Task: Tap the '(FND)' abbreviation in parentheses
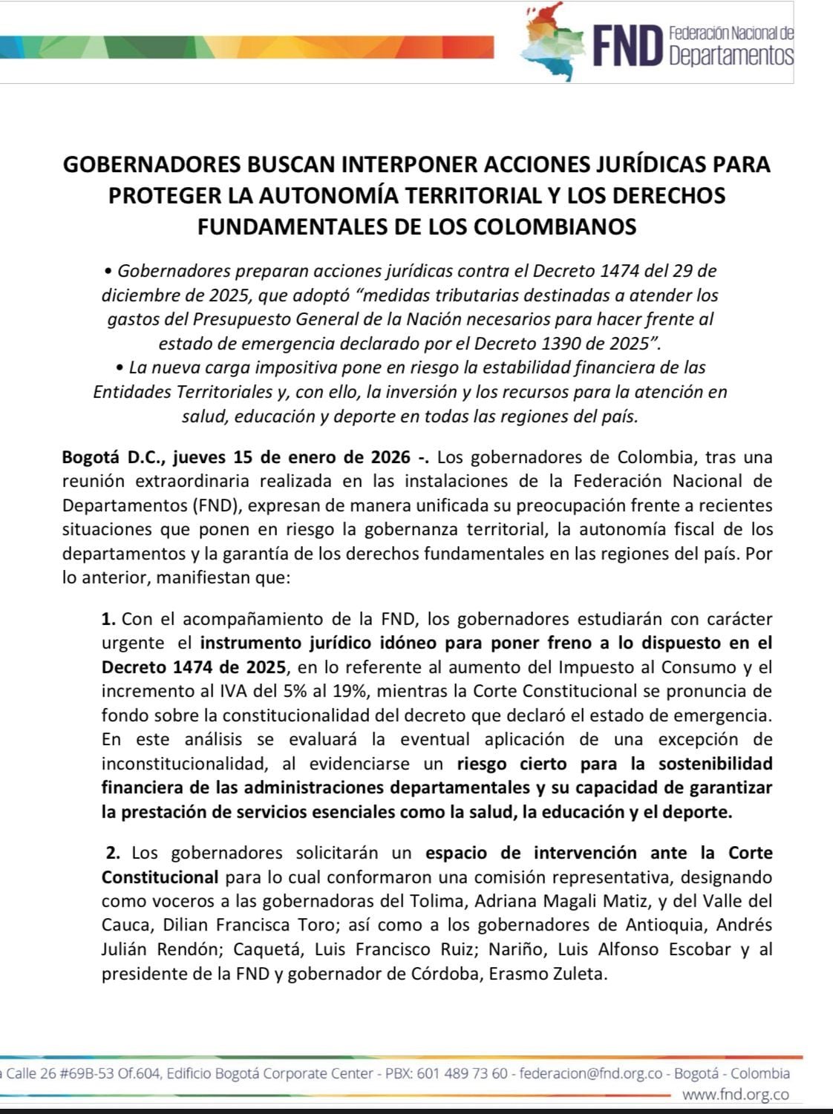pos(215,506)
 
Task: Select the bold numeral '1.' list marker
pos(109,619)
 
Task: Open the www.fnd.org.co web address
pos(735,1095)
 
